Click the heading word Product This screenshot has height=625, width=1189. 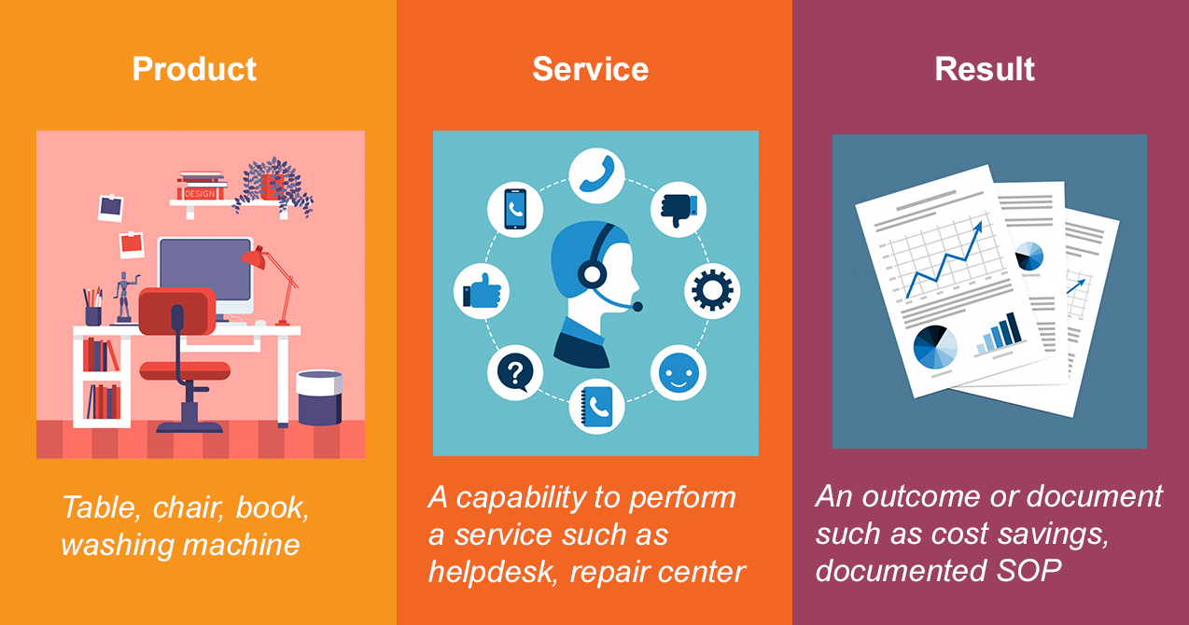click(x=194, y=69)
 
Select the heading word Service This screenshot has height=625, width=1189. click(x=590, y=69)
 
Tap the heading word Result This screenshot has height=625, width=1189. click(x=985, y=69)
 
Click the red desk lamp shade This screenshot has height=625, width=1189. click(x=254, y=257)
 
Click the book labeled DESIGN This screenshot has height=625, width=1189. click(x=200, y=194)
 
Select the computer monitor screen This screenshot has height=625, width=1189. click(x=205, y=270)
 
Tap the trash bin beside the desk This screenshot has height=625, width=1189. click(x=319, y=397)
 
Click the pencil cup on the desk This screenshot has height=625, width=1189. click(x=93, y=315)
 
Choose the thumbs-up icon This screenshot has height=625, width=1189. click(x=482, y=291)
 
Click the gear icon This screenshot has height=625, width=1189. click(x=712, y=291)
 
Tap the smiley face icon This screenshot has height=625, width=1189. click(x=678, y=372)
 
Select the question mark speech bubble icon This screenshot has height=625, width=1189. click(x=515, y=372)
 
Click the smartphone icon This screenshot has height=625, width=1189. click(x=515, y=209)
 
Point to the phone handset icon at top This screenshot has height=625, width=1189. click(x=596, y=174)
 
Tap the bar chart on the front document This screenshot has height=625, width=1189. click(x=999, y=334)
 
